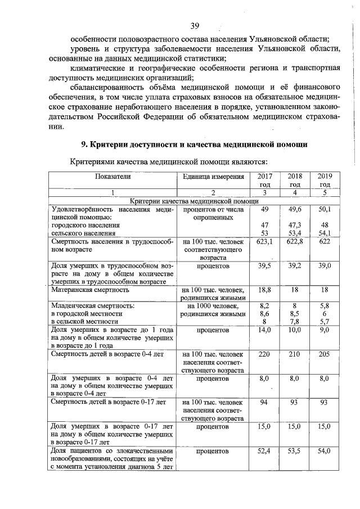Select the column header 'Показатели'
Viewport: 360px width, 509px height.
point(112,176)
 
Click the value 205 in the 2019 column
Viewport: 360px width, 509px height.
point(325,354)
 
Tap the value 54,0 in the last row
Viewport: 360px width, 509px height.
point(325,451)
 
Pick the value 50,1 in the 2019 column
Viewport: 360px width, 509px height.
point(325,209)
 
